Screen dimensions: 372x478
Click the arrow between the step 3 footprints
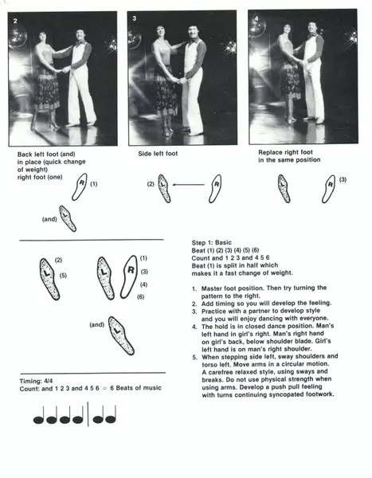[188, 185]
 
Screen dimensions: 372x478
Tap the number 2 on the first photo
[16, 21]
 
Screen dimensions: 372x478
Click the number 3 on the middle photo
[135, 18]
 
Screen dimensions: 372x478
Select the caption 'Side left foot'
[158, 154]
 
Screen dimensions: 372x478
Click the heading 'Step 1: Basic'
[212, 242]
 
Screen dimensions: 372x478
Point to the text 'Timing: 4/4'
[36, 381]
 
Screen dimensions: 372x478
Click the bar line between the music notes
[88, 413]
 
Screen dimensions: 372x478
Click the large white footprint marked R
[129, 276]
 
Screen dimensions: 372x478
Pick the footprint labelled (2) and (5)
[49, 279]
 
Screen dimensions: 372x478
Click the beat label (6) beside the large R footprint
[140, 296]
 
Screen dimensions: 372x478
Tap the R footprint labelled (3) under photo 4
[329, 189]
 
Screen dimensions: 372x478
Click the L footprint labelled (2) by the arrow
[164, 188]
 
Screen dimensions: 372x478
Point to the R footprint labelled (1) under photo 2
[80, 186]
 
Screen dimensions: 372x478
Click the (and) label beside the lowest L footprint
[97, 325]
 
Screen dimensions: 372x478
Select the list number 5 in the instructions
[194, 357]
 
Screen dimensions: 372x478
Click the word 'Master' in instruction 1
[211, 288]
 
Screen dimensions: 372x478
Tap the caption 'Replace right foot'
[285, 152]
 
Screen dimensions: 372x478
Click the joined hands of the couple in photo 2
[65, 70]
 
